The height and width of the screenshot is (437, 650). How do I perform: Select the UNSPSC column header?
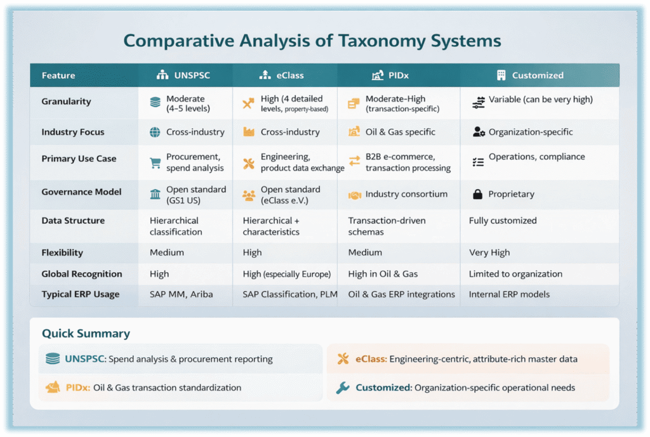185,75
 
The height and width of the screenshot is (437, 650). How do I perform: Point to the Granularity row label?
66,101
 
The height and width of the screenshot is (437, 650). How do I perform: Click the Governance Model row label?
72,192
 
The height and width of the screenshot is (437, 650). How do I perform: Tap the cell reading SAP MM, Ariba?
182,294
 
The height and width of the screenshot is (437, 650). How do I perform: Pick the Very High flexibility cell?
489,252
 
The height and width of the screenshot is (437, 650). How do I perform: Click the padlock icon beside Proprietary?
478,195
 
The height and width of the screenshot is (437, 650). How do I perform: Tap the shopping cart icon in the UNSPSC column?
155,163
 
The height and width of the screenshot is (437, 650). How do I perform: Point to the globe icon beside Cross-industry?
155,133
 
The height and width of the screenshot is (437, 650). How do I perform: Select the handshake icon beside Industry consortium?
354,195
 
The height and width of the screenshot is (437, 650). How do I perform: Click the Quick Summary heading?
86,334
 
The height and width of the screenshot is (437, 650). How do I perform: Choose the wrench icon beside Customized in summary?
343,388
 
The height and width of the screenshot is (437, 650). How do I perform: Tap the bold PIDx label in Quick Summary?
77,388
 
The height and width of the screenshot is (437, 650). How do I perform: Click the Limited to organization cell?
515,274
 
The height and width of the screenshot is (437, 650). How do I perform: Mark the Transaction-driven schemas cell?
387,226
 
